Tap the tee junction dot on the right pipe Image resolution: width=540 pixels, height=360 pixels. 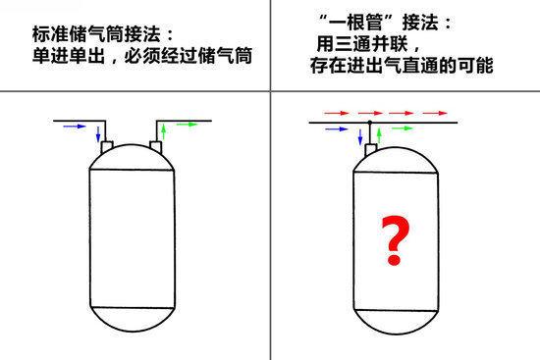coord(370,123)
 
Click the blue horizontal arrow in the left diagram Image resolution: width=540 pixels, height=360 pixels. coord(75,127)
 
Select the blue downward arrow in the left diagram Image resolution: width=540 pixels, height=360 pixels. coord(98,133)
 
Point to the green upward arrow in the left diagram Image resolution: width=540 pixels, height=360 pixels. coord(164,131)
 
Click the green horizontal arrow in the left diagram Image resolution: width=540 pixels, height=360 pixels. coord(187,125)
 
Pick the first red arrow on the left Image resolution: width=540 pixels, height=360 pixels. coord(337,113)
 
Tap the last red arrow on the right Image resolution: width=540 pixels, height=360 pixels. coord(435,113)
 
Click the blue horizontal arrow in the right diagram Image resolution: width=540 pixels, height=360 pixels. coord(337,129)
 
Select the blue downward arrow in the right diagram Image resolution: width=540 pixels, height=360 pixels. coord(360,136)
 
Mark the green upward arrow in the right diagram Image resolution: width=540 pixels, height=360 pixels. coord(379,135)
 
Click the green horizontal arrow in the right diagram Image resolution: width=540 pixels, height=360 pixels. coord(403,129)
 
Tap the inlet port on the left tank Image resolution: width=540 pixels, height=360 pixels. coord(107,147)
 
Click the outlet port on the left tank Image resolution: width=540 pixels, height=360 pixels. coord(156,146)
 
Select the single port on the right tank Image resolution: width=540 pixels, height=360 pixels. coord(370,150)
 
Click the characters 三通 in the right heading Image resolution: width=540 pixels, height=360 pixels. coord(353,44)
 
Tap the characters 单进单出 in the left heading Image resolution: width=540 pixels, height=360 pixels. coord(69,55)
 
